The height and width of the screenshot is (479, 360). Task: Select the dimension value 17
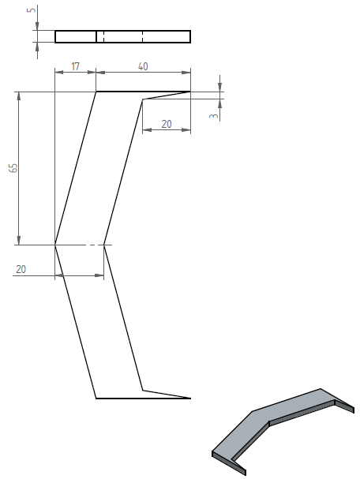coord(75,66)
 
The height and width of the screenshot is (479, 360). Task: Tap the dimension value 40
coord(143,66)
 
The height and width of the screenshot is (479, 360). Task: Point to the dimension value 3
coord(215,116)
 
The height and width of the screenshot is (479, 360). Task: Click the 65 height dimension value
coord(13,168)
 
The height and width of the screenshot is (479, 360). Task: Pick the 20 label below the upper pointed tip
coord(167,124)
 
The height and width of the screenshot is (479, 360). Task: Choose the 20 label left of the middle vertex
coord(21,269)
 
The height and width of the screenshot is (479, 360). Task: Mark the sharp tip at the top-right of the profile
coord(190,92)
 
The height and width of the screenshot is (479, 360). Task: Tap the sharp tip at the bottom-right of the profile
coord(190,399)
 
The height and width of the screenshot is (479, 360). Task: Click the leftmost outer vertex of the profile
coord(55,245)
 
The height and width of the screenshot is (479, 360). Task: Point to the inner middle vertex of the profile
coord(104,245)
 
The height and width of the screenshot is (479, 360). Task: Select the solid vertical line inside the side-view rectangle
coord(96,36)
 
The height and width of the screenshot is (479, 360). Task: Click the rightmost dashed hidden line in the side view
coord(142,36)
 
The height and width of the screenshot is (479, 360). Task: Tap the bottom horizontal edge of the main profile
coord(143,399)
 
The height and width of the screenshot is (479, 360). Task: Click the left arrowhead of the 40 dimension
coord(100,73)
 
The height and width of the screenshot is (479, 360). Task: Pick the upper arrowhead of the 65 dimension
coord(19,95)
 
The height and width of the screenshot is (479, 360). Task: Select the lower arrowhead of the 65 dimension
coord(19,241)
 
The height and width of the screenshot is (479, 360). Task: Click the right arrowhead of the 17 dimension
coord(92,72)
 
